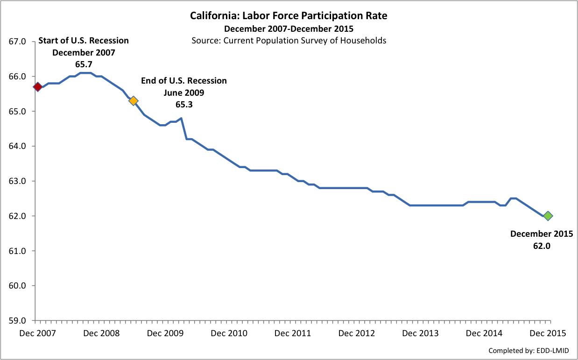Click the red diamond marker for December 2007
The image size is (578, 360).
[38, 87]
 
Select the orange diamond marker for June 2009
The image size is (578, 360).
[133, 100]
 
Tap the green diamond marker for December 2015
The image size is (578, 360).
[548, 216]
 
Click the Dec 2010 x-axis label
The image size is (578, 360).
[229, 333]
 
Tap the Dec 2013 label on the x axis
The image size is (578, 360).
[421, 333]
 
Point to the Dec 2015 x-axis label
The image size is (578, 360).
[548, 333]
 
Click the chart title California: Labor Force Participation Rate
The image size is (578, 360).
[289, 16]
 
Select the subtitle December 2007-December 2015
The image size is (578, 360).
[289, 29]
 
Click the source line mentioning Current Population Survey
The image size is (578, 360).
[289, 40]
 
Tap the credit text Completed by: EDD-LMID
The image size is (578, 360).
[529, 350]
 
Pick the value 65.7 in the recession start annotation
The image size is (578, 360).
[84, 64]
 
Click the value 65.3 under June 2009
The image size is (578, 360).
[184, 105]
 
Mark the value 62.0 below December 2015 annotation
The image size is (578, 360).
[542, 245]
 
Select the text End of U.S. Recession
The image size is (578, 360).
[184, 81]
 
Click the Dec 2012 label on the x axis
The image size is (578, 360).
[357, 333]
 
